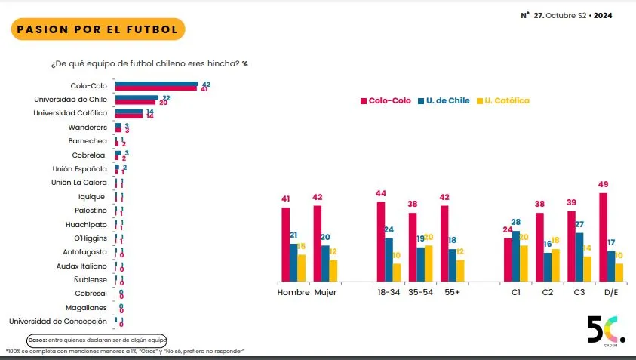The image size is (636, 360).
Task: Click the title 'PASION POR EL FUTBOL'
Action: click(x=97, y=29)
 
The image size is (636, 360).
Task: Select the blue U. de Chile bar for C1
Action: click(x=516, y=255)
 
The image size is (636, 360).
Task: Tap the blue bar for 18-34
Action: click(x=389, y=259)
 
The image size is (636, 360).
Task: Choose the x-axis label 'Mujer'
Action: click(x=325, y=292)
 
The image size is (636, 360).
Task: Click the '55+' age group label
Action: click(x=453, y=292)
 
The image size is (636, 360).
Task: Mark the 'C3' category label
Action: click(x=579, y=292)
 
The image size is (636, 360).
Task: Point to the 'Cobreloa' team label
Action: click(x=91, y=155)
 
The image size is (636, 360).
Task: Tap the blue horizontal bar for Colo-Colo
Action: click(x=156, y=84)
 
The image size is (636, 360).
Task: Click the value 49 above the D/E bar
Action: click(x=604, y=185)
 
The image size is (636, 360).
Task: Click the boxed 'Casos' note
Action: click(x=97, y=340)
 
